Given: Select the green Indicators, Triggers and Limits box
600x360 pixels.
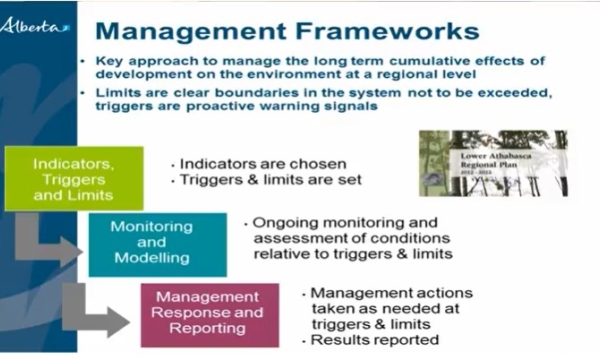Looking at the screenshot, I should point(73,178).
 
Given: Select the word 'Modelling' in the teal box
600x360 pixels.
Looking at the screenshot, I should point(151,259).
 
